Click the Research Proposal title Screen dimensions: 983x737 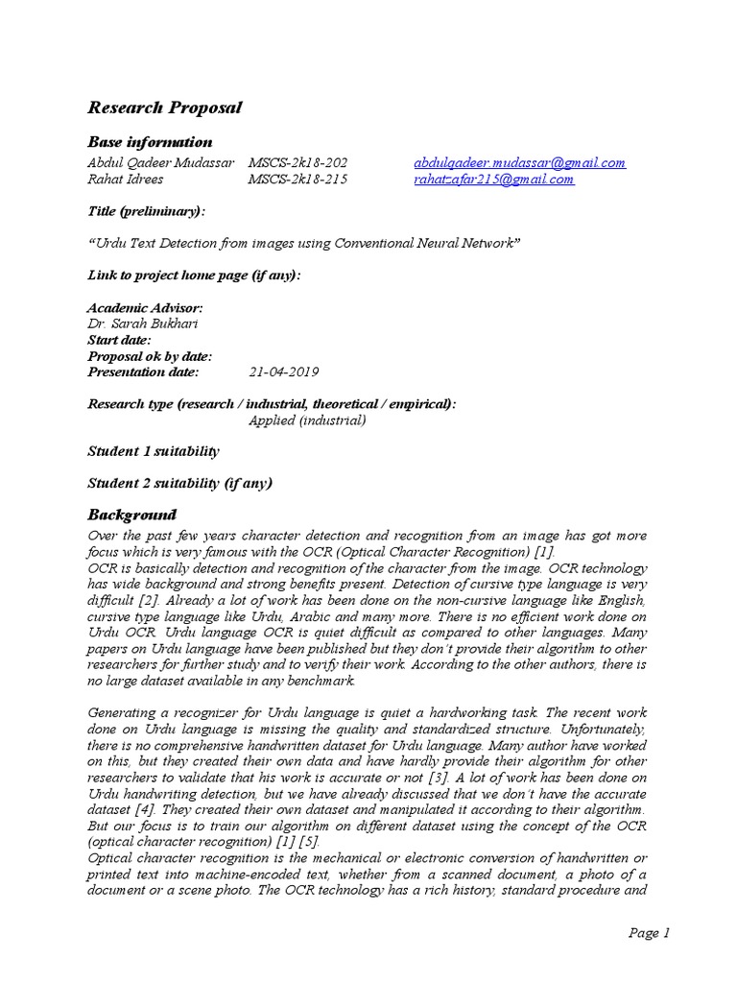(x=164, y=108)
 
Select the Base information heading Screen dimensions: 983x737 (x=150, y=142)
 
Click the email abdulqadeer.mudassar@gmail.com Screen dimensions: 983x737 (x=519, y=162)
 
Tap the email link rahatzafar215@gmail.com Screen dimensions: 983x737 (x=494, y=179)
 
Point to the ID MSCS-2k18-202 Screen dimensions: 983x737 (x=297, y=162)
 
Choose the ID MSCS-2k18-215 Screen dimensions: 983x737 (x=297, y=179)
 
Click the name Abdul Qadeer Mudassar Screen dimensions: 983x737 (x=161, y=162)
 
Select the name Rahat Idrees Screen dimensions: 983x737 (x=125, y=179)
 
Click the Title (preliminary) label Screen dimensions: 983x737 (x=146, y=210)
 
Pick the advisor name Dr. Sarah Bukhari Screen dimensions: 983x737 (x=142, y=324)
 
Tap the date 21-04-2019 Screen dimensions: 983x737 (x=283, y=372)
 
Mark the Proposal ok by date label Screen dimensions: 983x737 (x=150, y=356)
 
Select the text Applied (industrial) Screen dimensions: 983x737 (x=307, y=420)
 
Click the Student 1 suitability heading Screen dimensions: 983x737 (x=154, y=450)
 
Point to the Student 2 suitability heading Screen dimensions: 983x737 (x=180, y=483)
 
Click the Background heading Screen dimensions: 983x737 (x=132, y=515)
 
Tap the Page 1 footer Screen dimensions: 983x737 (x=649, y=932)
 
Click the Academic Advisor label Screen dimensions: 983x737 (x=145, y=308)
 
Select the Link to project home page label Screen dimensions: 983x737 (x=194, y=276)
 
